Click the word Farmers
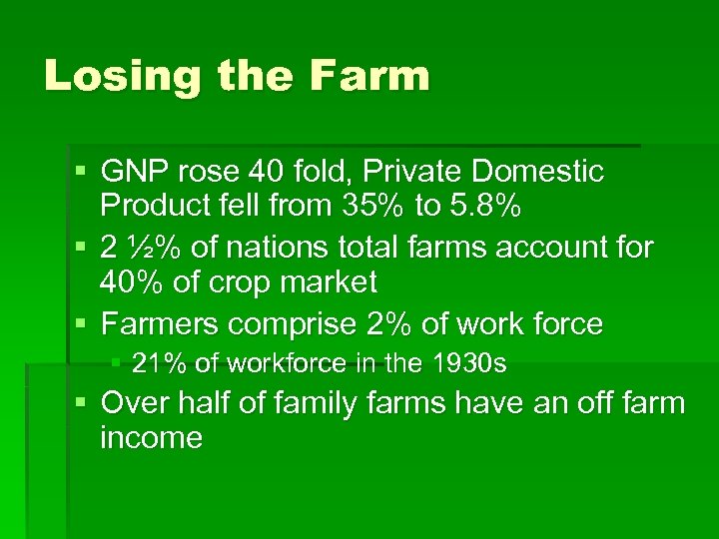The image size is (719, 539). point(161,323)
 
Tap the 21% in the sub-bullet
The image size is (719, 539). point(153,364)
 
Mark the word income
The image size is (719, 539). point(152,437)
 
